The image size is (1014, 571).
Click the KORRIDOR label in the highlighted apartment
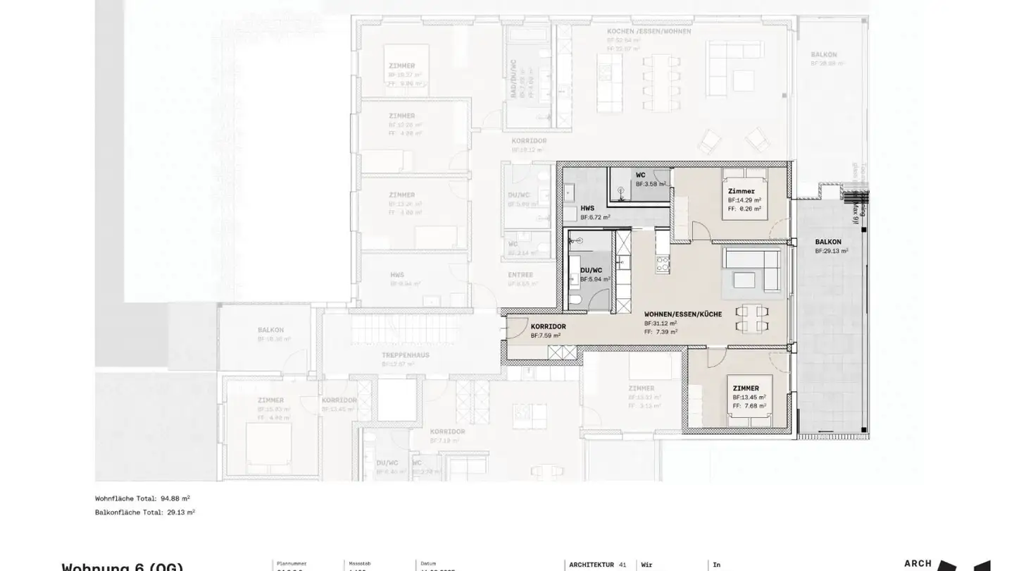548,326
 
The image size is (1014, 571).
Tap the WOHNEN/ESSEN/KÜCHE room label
682,314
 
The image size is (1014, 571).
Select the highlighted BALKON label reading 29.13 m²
828,242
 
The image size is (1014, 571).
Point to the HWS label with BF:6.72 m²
587,209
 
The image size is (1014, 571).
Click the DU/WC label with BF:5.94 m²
590,270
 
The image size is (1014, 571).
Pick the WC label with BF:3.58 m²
640,175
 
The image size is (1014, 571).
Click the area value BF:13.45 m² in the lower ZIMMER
747,397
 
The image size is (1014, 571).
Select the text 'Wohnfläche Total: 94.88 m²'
142,498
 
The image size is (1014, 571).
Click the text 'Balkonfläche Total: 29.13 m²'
145,512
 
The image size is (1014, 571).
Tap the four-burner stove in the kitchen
663,264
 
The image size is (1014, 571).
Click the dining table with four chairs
751,318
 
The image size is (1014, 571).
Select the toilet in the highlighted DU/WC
575,301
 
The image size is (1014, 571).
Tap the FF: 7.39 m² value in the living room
661,332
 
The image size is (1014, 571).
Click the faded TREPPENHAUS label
406,355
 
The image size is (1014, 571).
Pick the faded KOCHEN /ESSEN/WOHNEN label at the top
649,32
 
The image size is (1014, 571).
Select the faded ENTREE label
520,275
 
